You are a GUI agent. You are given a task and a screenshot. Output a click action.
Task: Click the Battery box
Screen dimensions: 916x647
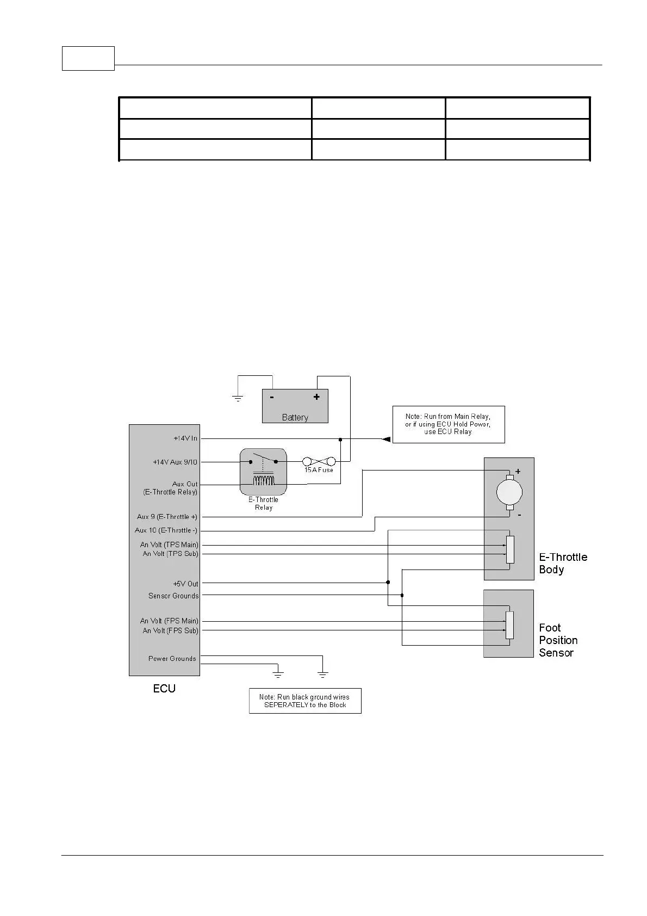[x=295, y=406]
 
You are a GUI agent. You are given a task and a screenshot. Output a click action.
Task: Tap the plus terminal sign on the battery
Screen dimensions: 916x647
[x=316, y=397]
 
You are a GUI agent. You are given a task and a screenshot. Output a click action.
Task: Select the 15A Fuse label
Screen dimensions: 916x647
[x=319, y=469]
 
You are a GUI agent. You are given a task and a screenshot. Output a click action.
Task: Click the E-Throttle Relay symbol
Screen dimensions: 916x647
[x=263, y=468]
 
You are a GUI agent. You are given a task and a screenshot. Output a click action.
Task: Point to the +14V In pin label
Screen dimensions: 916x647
[x=185, y=438]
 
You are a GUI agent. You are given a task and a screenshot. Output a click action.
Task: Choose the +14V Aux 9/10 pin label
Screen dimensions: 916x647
[x=175, y=462]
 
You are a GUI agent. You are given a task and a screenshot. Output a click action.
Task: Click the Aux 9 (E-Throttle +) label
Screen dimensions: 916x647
[x=167, y=517]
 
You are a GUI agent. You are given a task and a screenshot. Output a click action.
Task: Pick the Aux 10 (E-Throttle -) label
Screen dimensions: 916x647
[x=166, y=530]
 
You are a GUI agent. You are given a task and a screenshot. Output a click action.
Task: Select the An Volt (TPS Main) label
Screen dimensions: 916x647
[x=169, y=544]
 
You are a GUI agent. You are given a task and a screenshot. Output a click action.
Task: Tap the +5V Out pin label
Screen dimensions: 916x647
[x=185, y=583]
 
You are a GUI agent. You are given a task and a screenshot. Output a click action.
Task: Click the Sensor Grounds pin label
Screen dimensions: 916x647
[x=173, y=596]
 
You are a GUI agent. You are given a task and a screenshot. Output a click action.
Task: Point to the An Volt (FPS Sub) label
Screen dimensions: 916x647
[x=170, y=630]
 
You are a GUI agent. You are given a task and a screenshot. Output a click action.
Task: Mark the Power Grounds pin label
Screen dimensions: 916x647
[x=172, y=658]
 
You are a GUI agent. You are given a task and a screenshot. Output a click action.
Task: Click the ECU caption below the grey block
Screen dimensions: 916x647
[x=164, y=689]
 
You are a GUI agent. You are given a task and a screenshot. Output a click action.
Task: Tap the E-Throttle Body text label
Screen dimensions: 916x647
[x=563, y=563]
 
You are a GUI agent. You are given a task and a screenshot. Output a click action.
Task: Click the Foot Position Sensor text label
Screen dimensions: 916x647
[x=558, y=640]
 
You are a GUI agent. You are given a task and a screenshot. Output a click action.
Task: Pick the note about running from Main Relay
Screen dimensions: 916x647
[x=448, y=424]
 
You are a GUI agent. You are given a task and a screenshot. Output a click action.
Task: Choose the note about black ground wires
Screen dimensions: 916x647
[x=305, y=701]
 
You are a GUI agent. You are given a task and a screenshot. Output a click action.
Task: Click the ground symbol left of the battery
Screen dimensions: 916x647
[x=238, y=398]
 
